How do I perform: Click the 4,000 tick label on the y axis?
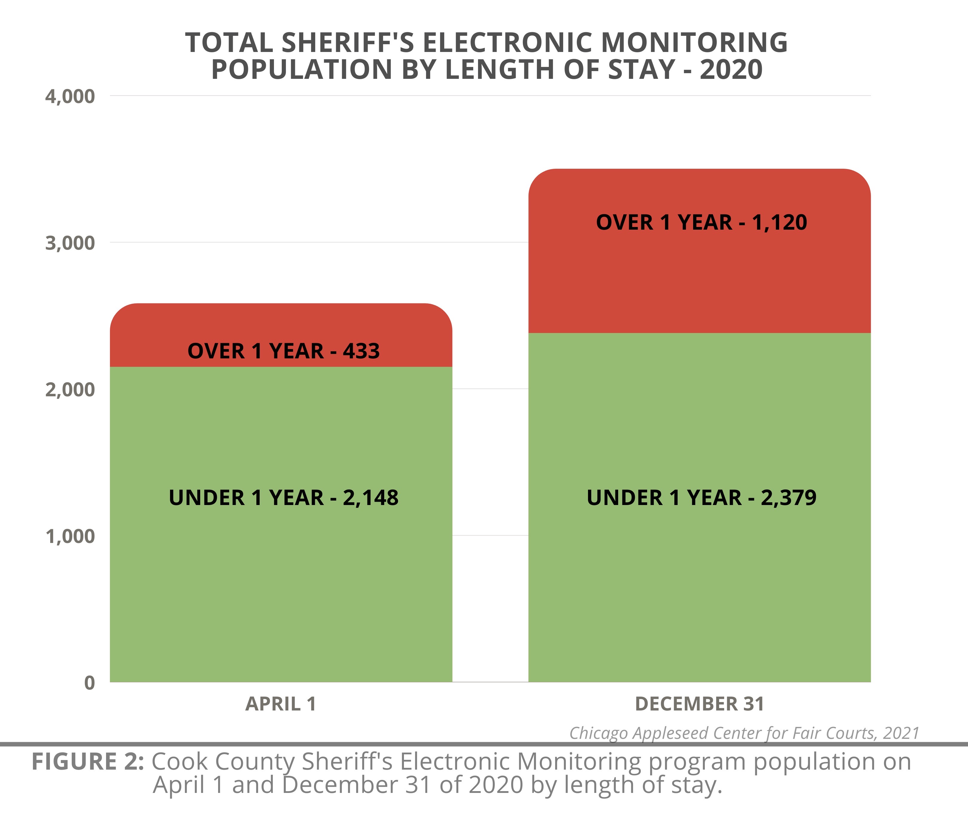click(x=70, y=96)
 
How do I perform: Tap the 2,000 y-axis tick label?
click(x=70, y=389)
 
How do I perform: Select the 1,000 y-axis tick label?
click(x=70, y=536)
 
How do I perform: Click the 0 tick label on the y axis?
click(x=90, y=683)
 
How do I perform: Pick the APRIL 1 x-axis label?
click(x=281, y=704)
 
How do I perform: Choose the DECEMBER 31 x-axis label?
click(x=699, y=704)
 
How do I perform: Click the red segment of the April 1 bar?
click(x=281, y=325)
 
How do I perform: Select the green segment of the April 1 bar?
click(x=281, y=580)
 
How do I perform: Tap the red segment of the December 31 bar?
click(x=699, y=278)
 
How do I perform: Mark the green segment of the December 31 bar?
click(x=699, y=580)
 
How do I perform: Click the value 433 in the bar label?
click(x=361, y=351)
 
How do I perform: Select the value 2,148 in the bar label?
click(x=370, y=498)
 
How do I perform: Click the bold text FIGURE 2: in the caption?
click(x=88, y=762)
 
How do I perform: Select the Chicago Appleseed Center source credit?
click(x=744, y=733)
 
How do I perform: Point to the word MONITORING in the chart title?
click(x=694, y=43)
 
